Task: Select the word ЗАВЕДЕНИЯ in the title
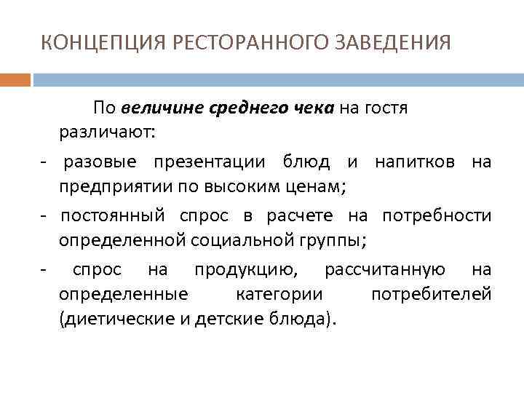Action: point(393,43)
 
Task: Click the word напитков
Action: point(416,161)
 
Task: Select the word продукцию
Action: point(245,270)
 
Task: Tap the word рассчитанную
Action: point(385,270)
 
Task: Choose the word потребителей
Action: point(431,295)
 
